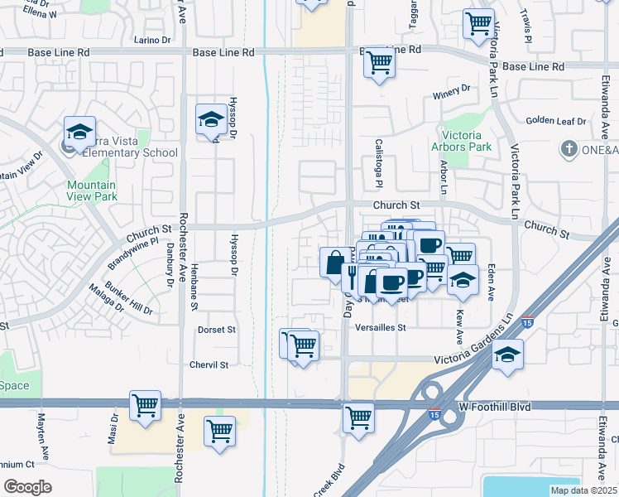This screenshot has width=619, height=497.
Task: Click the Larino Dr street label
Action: tap(152, 39)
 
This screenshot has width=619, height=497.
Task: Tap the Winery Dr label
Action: tap(451, 88)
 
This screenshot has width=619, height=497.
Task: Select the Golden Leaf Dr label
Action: tap(555, 120)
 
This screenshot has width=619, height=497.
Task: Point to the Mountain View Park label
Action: tap(92, 191)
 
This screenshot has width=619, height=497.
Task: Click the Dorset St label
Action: tap(217, 329)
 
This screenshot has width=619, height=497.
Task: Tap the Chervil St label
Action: tap(209, 364)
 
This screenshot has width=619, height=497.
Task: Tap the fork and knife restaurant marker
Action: tap(353, 275)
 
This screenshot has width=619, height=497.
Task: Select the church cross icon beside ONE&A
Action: tap(568, 149)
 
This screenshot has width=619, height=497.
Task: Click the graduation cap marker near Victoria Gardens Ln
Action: tap(506, 355)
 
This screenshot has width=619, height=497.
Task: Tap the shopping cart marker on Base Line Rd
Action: tap(379, 61)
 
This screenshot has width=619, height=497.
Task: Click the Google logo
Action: tap(27, 487)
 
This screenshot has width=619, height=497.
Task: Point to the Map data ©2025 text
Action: tap(583, 490)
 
